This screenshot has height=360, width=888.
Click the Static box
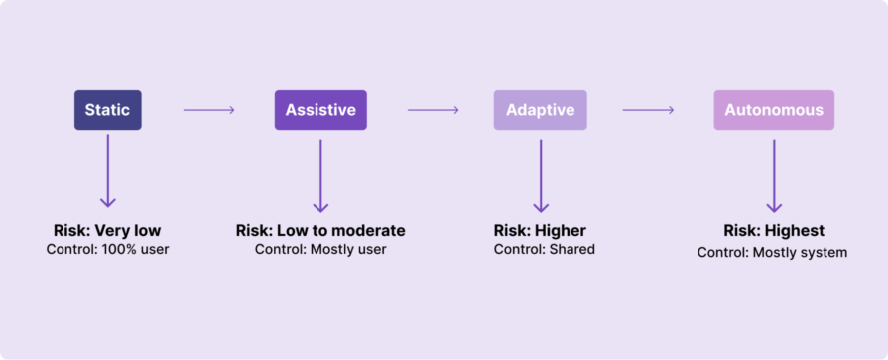(x=107, y=110)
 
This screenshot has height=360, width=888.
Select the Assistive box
(x=320, y=110)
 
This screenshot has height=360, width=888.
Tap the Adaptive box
(x=540, y=110)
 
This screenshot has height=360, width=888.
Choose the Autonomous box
(x=774, y=110)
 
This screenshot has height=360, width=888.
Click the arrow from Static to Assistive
(x=208, y=110)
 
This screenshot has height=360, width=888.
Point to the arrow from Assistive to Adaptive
(x=433, y=110)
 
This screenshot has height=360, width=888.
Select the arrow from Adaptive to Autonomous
(x=648, y=110)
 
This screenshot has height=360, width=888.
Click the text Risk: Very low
(x=107, y=231)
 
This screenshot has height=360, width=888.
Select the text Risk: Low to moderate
(x=320, y=231)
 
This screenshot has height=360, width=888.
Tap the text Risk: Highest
(x=774, y=231)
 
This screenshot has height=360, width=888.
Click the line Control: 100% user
(x=107, y=249)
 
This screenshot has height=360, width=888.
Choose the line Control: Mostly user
(x=320, y=249)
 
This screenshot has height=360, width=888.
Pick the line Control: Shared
(x=544, y=249)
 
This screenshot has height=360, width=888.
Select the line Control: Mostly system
(x=772, y=252)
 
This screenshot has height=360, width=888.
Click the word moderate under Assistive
(x=370, y=231)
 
